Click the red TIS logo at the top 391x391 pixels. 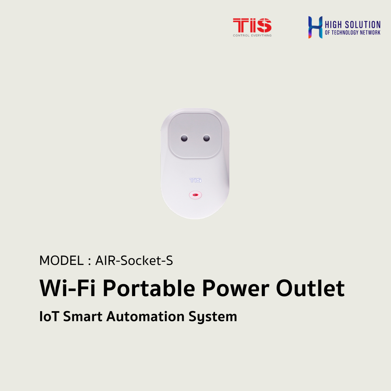tap(252, 25)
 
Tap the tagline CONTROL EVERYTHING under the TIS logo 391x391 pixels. tap(252, 36)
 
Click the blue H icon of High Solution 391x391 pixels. tap(315, 27)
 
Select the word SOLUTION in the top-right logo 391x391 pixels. tap(362, 25)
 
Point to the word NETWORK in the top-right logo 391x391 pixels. tap(370, 33)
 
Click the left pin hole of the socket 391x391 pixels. tap(184, 138)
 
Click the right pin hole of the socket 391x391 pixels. tap(206, 138)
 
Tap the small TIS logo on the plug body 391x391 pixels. tap(195, 180)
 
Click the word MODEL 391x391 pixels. tap(61, 261)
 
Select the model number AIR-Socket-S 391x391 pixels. tap(134, 261)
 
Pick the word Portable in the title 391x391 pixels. tap(149, 288)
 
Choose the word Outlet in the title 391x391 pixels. tap(310, 288)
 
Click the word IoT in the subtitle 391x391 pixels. tap(49, 316)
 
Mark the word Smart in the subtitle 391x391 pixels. tap(82, 316)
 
